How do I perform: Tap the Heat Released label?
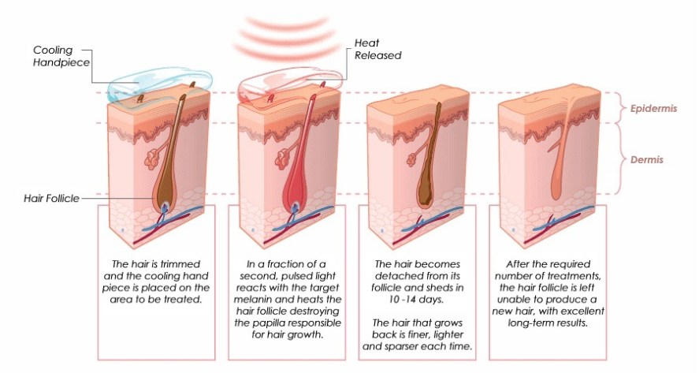pyautogui.click(x=377, y=49)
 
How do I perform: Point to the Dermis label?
pyautogui.click(x=647, y=159)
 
